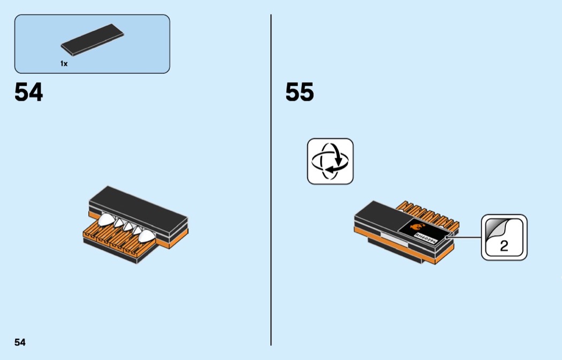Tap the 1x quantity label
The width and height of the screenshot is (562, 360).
pyautogui.click(x=64, y=64)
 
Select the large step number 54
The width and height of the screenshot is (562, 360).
pyautogui.click(x=28, y=92)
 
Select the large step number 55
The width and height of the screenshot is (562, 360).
pyautogui.click(x=299, y=92)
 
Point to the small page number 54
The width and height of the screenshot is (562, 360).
pyautogui.click(x=20, y=342)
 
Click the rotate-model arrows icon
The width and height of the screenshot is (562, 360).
pyautogui.click(x=330, y=162)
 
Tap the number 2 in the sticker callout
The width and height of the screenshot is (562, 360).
pyautogui.click(x=504, y=247)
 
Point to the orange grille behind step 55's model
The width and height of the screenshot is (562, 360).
pyautogui.click(x=428, y=211)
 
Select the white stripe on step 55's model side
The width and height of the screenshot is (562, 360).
pyautogui.click(x=387, y=235)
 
